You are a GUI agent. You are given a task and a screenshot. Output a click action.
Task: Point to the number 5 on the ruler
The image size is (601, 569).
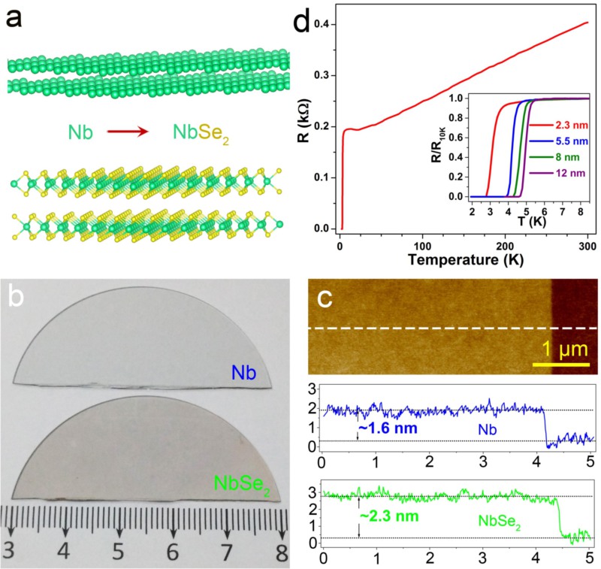tap(118, 550)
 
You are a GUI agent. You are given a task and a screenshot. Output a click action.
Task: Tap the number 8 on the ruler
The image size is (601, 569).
tap(282, 550)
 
